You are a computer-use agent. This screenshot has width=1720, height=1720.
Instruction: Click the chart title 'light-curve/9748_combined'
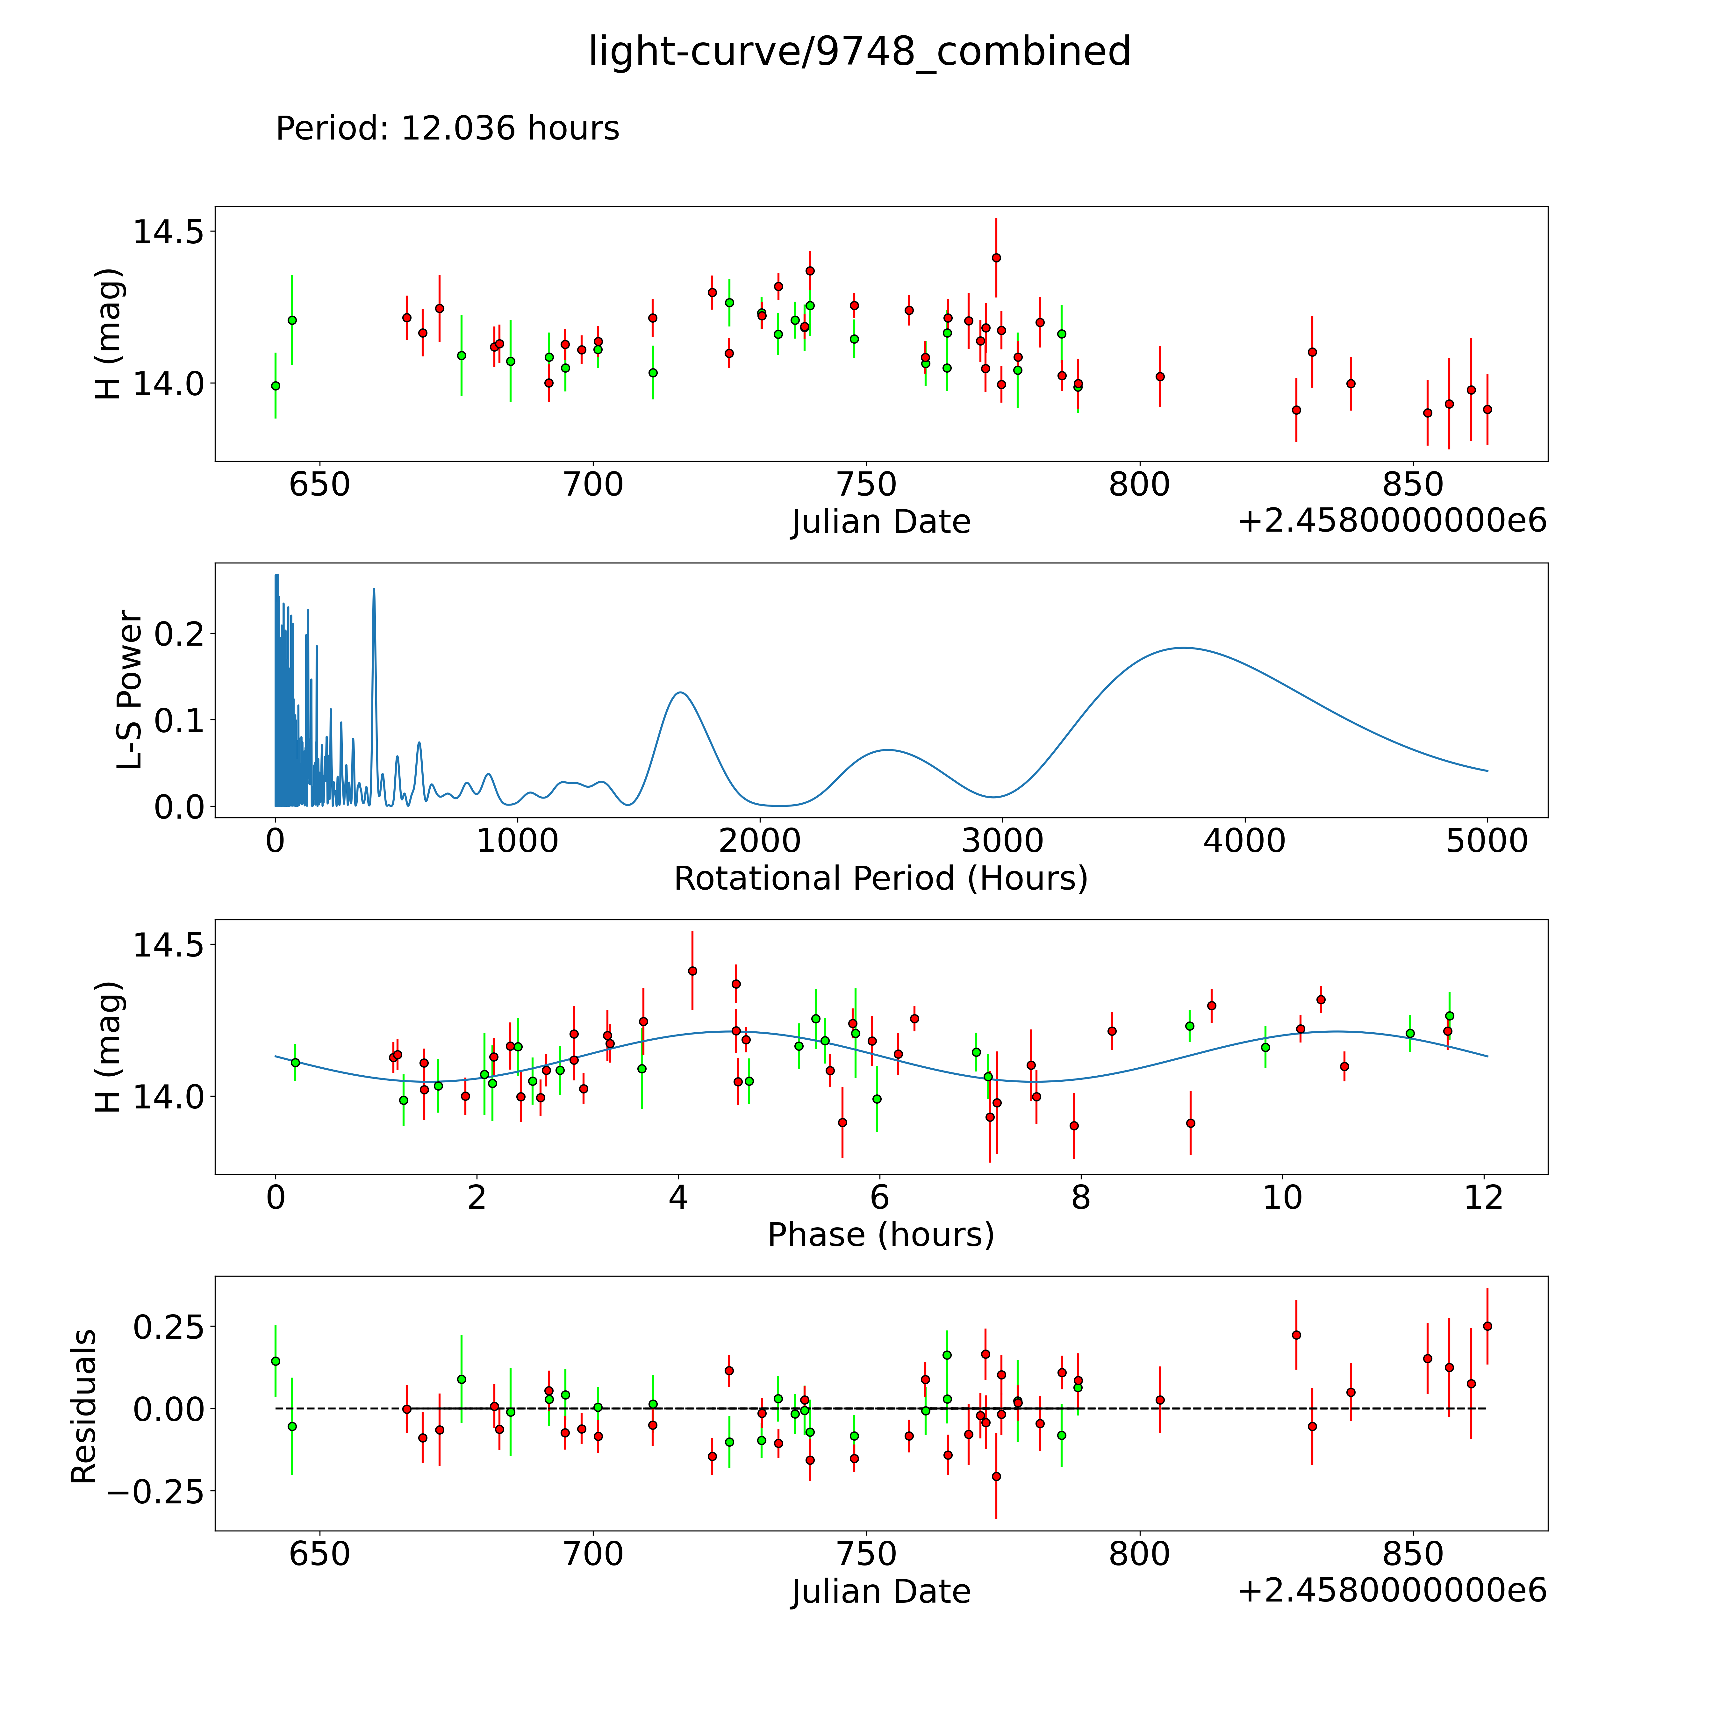[x=859, y=52]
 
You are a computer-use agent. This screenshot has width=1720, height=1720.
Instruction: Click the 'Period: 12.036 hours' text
[x=447, y=129]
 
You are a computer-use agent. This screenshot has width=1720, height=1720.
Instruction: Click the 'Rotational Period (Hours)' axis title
[x=880, y=879]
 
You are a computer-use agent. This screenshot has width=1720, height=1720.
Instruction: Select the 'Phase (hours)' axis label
[x=880, y=1235]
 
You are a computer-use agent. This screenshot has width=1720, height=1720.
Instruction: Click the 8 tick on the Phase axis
[x=1081, y=1197]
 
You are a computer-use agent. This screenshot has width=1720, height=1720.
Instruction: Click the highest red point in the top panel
[x=996, y=258]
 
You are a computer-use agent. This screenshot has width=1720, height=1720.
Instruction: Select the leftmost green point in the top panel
[x=275, y=385]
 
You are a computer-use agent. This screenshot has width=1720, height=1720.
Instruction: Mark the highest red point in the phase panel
[x=693, y=971]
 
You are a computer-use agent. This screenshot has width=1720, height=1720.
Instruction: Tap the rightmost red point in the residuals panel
[x=1487, y=1326]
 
